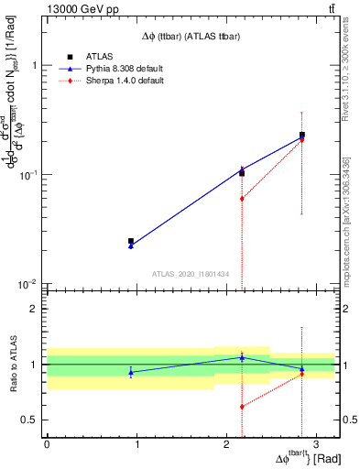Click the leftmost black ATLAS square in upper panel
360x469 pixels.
click(131, 241)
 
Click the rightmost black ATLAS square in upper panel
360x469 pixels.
click(302, 136)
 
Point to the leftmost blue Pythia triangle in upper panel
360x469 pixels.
click(131, 246)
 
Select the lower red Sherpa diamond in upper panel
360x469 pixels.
click(242, 199)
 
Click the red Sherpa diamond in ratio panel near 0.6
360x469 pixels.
click(242, 407)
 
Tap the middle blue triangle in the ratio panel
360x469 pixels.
click(242, 357)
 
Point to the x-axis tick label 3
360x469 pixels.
click(315, 444)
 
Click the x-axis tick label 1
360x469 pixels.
click(136, 444)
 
